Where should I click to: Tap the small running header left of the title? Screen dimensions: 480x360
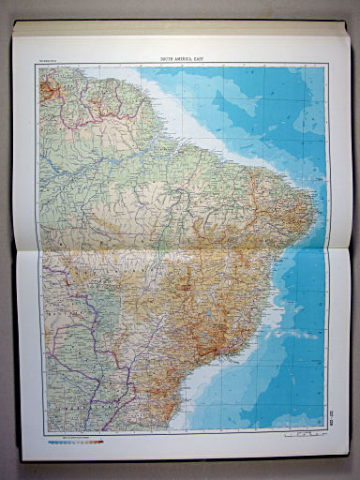(x=47, y=60)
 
